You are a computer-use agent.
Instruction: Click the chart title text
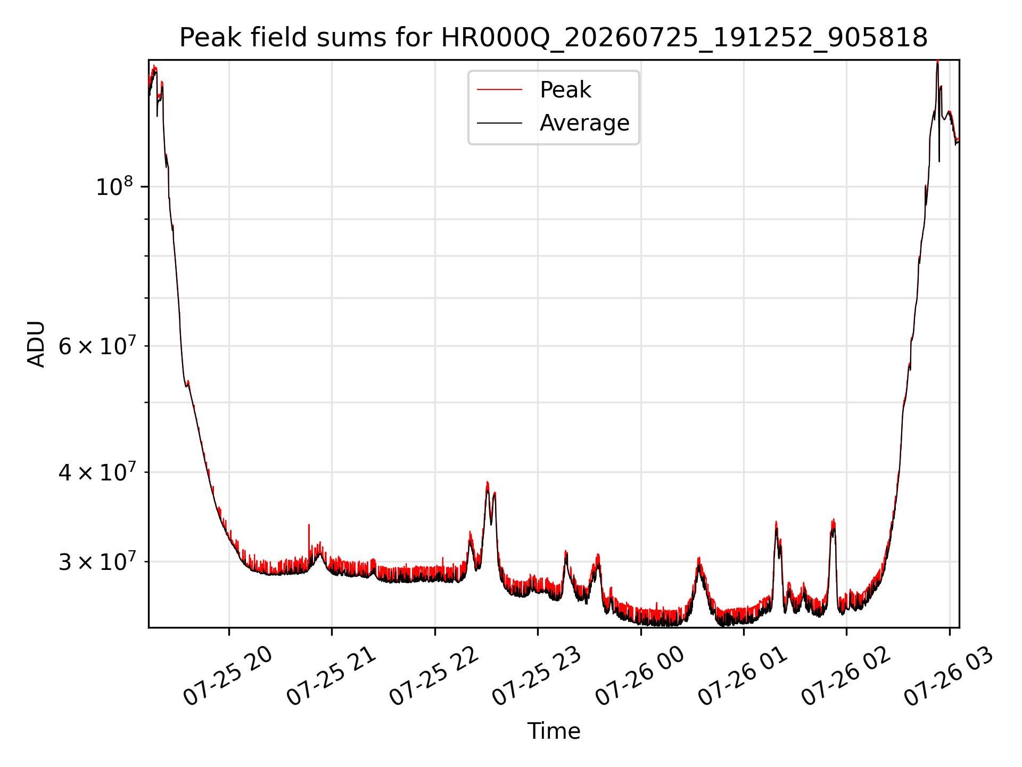pos(554,38)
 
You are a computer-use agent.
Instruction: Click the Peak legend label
pos(565,90)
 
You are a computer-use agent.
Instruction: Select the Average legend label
pos(584,123)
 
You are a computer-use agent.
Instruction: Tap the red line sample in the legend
pos(499,90)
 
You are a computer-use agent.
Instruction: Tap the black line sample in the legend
pos(499,123)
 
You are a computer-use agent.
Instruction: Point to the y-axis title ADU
pos(36,344)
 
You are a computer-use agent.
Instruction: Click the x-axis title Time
pos(554,731)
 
